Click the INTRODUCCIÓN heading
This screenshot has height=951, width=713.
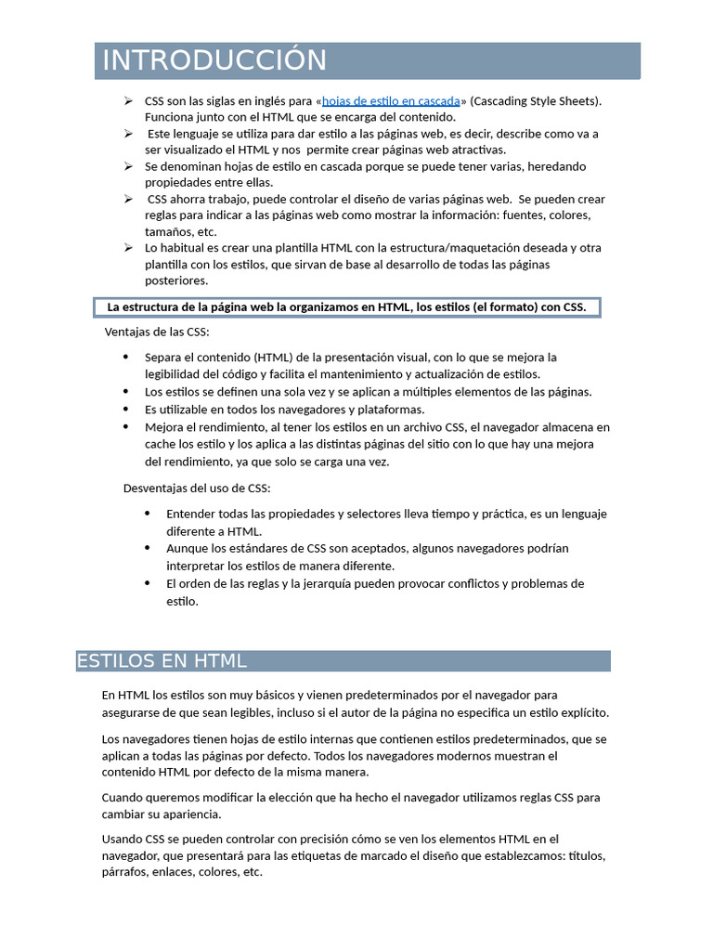(x=214, y=60)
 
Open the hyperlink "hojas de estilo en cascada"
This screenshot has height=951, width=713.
(x=391, y=101)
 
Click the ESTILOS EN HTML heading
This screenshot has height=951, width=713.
(x=162, y=661)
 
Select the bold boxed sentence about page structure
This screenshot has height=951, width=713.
(x=347, y=307)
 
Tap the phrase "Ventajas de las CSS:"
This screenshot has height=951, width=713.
(x=157, y=332)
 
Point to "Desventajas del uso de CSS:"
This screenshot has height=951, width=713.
(x=197, y=488)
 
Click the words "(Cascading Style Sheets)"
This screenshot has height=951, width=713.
(x=536, y=101)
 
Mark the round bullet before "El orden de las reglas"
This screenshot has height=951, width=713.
(x=148, y=583)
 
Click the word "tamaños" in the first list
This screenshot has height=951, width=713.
(x=164, y=231)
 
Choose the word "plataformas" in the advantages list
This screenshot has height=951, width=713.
(x=391, y=410)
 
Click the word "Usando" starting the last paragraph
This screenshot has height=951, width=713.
(x=123, y=839)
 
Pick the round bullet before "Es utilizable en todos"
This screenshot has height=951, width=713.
(x=126, y=410)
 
